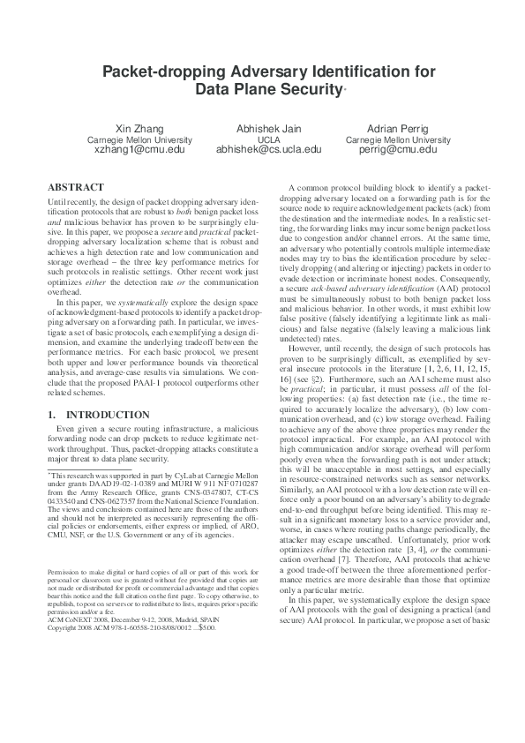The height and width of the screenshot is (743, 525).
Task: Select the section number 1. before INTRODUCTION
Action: click(51, 413)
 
